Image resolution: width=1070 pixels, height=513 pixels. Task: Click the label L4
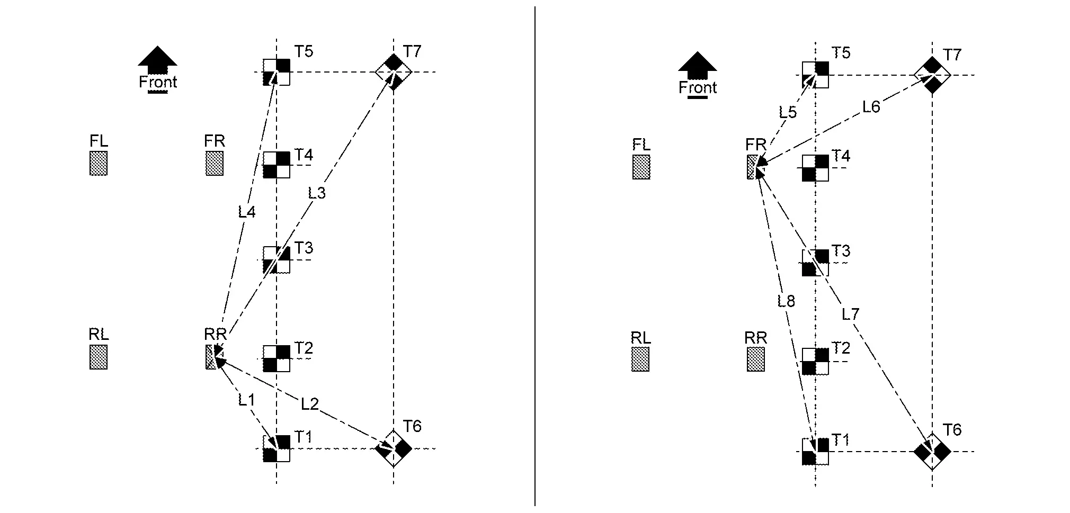[x=247, y=212]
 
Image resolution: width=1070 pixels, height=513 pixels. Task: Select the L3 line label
[x=317, y=193]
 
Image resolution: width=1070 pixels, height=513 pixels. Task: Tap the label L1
[x=246, y=400]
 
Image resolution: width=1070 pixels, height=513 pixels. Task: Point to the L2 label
[x=310, y=404]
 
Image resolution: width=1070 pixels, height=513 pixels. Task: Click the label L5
[x=788, y=112]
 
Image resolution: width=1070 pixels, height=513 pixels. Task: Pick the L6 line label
[x=871, y=107]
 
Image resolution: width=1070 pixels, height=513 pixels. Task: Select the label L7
[x=850, y=314]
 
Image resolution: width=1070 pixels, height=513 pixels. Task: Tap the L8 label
[x=786, y=301]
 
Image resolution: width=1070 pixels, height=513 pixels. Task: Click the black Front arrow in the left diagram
[x=157, y=59]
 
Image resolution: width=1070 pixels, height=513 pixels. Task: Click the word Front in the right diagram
[x=698, y=87]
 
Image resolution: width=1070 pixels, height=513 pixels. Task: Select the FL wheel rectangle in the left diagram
[x=99, y=163]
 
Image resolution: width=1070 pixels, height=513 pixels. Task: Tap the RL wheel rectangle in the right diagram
[x=640, y=359]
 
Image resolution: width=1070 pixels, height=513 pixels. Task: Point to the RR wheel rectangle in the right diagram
[x=756, y=359]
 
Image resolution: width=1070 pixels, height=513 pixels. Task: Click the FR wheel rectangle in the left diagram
[x=215, y=163]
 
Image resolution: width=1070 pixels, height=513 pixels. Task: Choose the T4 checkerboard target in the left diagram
[x=277, y=165]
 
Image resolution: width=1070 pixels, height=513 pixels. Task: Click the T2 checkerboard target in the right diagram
[x=815, y=362]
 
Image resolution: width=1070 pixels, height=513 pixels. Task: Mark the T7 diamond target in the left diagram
[x=393, y=71]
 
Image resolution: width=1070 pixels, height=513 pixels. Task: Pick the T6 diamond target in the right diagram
[x=932, y=452]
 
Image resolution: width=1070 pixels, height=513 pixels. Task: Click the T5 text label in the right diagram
[x=841, y=53]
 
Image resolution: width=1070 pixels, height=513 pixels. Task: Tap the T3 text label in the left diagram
[x=304, y=248]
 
